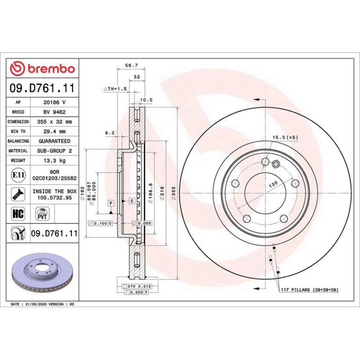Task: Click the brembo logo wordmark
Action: tap(51, 69)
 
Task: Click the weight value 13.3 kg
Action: tap(55, 160)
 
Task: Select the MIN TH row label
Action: tap(18, 131)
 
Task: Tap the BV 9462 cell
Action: tap(55, 112)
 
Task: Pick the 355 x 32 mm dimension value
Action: tap(55, 122)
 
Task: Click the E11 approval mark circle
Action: tap(18, 175)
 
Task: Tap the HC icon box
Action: tap(18, 214)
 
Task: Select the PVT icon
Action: tap(43, 214)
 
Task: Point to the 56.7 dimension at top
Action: tap(131, 65)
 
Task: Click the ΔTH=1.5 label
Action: tap(115, 89)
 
